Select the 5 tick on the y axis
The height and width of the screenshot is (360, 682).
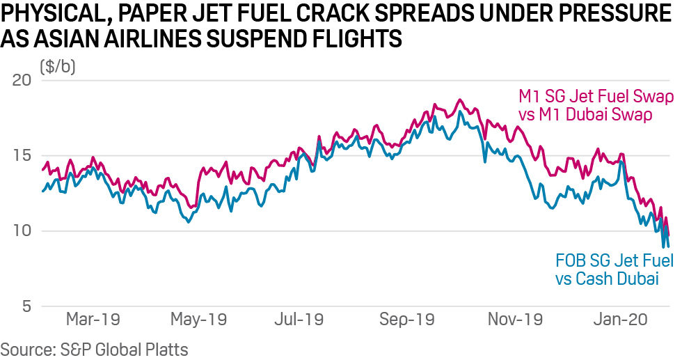[26, 306]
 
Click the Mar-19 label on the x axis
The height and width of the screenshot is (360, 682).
[93, 320]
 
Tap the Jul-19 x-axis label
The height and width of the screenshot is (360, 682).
[299, 320]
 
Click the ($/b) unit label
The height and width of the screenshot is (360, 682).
[58, 67]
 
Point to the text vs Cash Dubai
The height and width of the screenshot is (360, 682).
[606, 279]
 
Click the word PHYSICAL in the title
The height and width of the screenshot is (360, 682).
[49, 13]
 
